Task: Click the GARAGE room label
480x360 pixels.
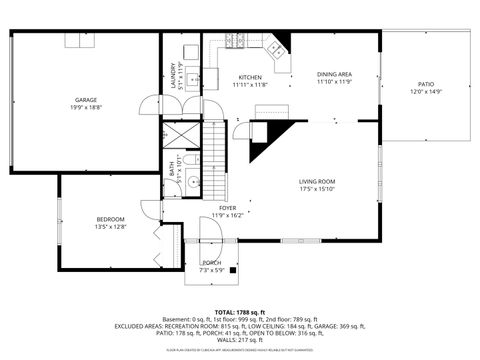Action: pyautogui.click(x=85, y=99)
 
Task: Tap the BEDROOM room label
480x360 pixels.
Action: pyautogui.click(x=110, y=219)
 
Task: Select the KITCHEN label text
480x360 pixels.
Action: pyautogui.click(x=250, y=77)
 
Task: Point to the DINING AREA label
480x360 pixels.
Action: pyautogui.click(x=334, y=74)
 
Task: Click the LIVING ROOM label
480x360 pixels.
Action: pyautogui.click(x=316, y=181)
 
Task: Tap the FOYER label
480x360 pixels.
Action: pyautogui.click(x=227, y=207)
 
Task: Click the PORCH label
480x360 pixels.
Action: pyautogui.click(x=212, y=264)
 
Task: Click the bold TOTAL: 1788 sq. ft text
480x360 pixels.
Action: pyautogui.click(x=240, y=312)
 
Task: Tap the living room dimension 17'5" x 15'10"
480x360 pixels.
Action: pyautogui.click(x=316, y=188)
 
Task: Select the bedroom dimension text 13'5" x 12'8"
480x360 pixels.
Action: pyautogui.click(x=110, y=226)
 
